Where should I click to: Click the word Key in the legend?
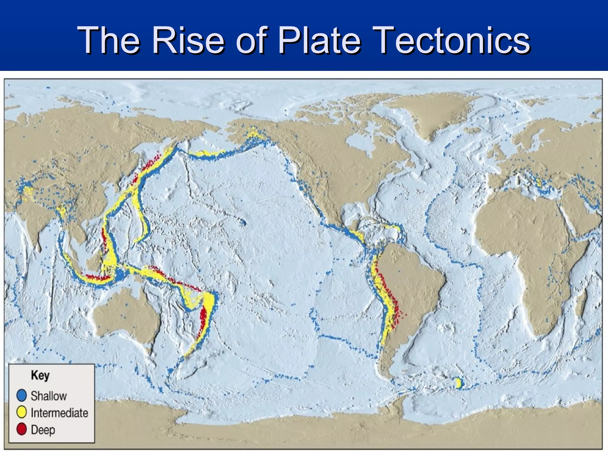(x=40, y=375)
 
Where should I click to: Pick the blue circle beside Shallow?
(x=22, y=396)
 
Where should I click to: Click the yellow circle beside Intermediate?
(x=22, y=413)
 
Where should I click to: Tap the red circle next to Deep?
(x=22, y=430)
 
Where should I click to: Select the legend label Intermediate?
(x=59, y=413)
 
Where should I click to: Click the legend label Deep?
(x=43, y=430)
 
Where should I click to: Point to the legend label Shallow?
(x=49, y=396)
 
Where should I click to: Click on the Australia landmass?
(x=125, y=315)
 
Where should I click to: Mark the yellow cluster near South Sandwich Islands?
(x=458, y=383)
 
